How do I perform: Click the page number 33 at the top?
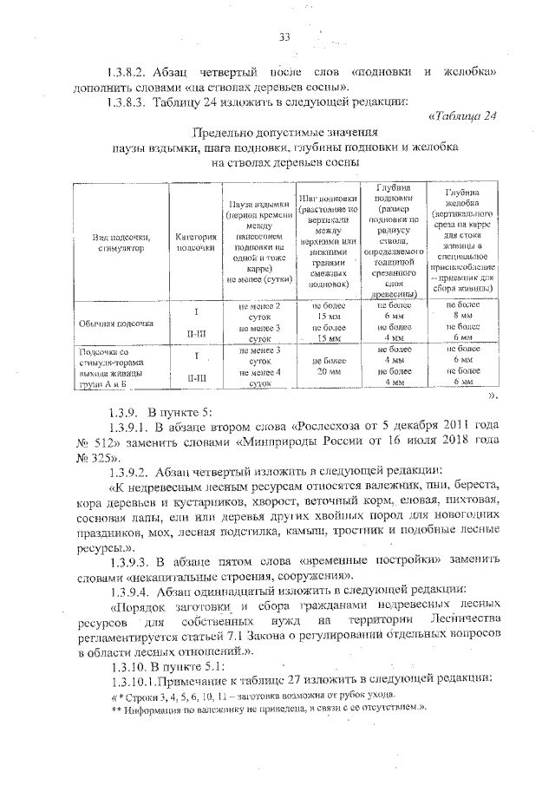coord(284,36)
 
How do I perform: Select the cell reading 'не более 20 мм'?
coord(325,364)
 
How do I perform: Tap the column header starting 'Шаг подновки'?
coord(325,240)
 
